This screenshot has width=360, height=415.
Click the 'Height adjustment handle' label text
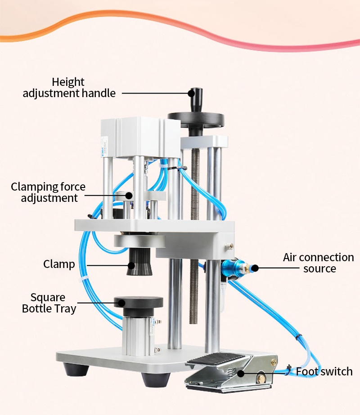69,88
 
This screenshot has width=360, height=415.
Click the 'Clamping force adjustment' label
48,192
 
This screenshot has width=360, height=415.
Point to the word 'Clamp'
59,264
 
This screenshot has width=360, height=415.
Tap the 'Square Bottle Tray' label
49,303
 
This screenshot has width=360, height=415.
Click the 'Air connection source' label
319,263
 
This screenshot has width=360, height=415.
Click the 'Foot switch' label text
324,372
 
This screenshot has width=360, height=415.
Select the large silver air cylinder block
134,137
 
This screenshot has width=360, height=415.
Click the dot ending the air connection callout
255,268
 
